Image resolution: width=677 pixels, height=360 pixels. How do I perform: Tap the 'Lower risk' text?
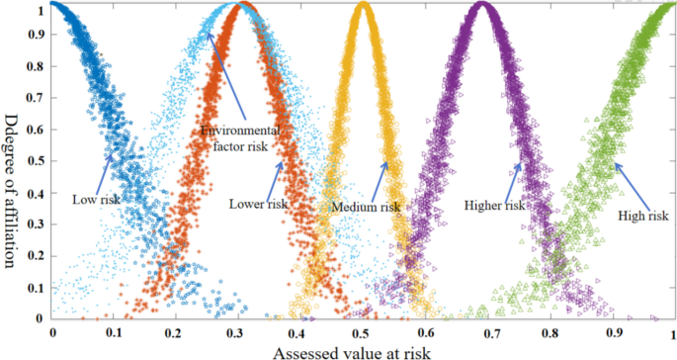click(x=258, y=205)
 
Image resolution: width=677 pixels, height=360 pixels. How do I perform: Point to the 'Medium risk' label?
click(x=366, y=207)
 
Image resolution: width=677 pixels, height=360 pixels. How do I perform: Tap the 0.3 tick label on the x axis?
click(x=237, y=333)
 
